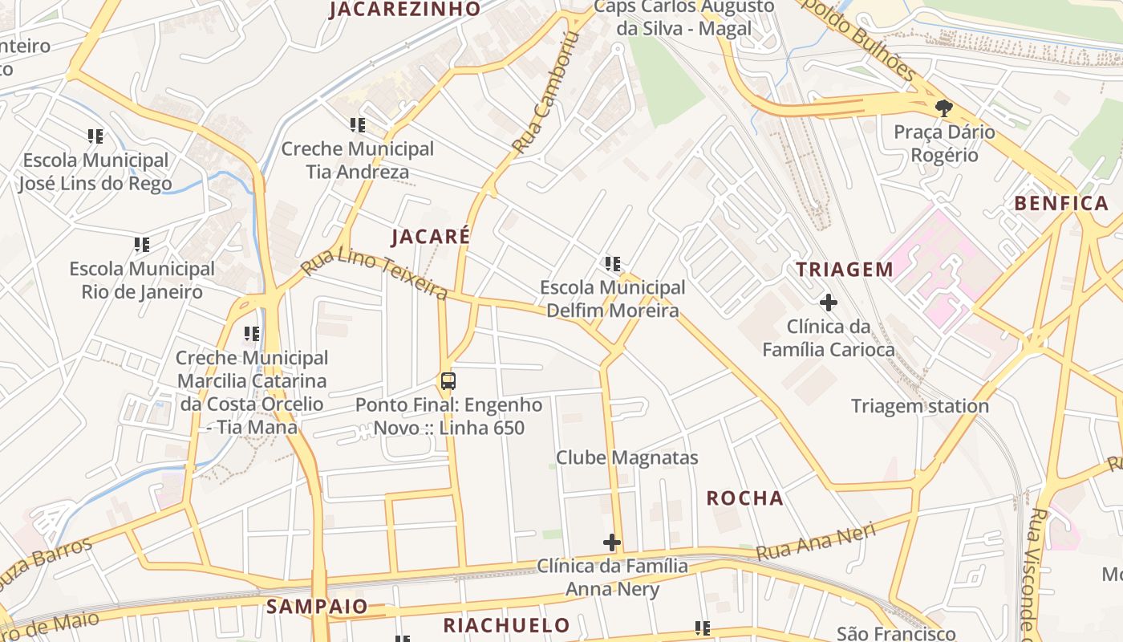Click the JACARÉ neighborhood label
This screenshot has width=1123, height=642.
[x=430, y=236]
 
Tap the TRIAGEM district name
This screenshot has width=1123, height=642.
[x=845, y=270]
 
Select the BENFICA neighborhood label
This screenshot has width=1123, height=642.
[x=1061, y=203]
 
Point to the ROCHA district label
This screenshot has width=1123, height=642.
[x=744, y=498]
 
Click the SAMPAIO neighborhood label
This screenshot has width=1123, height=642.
[x=317, y=606]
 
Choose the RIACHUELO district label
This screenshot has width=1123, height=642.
[x=506, y=625]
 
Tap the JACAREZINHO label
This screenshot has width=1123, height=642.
[x=405, y=10]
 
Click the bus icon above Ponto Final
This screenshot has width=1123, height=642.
[x=448, y=381]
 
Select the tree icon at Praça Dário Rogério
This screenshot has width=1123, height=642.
[x=944, y=108]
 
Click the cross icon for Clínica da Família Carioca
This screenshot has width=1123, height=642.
[x=828, y=303]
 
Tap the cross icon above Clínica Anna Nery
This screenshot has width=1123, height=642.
[x=612, y=542]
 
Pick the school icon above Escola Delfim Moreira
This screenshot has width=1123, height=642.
[x=613, y=263]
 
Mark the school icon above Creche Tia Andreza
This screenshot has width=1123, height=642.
[x=358, y=125]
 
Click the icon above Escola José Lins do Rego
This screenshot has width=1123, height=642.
[x=95, y=136]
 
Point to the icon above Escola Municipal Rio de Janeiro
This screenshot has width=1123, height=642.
[x=142, y=245]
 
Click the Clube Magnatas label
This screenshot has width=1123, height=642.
[x=627, y=458]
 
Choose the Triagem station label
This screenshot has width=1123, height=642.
[x=919, y=406]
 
